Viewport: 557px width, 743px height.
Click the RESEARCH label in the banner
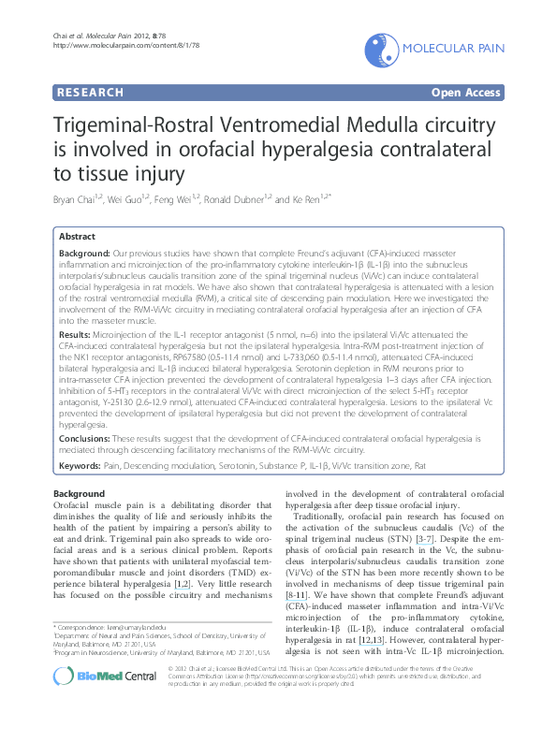(x=89, y=93)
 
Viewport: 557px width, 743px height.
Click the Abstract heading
(x=77, y=238)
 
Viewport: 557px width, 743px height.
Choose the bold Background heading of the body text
(x=80, y=493)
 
